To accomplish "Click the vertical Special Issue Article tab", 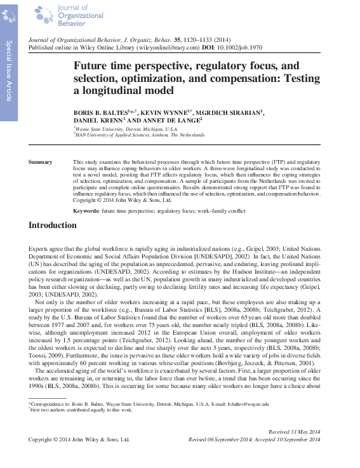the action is tap(10, 70).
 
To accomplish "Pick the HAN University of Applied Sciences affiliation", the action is tap(140, 135).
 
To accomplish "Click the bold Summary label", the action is tap(41, 163).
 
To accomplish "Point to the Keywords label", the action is tap(86, 210).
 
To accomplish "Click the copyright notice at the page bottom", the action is tap(79, 439).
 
